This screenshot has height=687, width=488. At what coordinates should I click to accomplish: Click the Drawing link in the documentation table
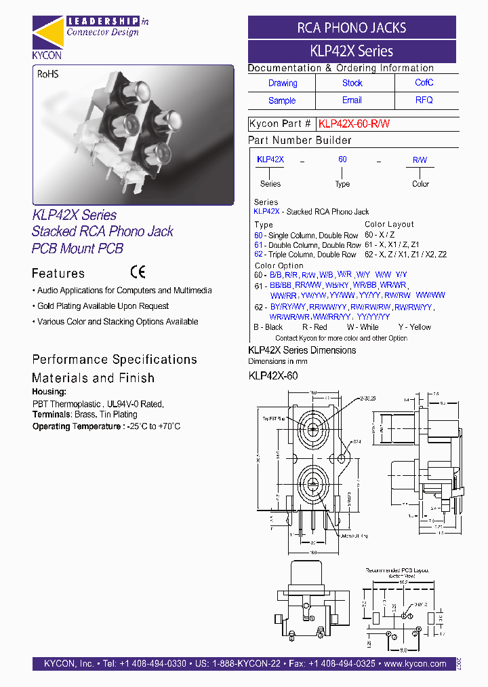(x=283, y=83)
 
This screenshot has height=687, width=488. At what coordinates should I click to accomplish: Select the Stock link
(x=352, y=83)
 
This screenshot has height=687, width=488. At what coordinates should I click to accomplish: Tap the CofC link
(x=424, y=83)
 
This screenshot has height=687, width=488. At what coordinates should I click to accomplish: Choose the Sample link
(x=282, y=100)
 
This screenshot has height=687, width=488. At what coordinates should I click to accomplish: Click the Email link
(x=352, y=100)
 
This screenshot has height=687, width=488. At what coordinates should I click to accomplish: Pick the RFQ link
(x=424, y=100)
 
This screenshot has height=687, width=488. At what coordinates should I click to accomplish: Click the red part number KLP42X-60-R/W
(x=354, y=124)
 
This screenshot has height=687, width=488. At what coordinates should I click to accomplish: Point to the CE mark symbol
(x=138, y=273)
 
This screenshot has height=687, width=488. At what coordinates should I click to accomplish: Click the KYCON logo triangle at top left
(x=47, y=34)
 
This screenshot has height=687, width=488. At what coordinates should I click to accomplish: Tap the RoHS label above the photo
(x=47, y=74)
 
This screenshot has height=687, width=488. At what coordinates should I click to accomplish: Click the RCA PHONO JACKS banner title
(x=352, y=28)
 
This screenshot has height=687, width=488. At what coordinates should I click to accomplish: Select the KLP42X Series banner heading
(x=351, y=51)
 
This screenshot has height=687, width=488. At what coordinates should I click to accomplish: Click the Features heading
(x=58, y=274)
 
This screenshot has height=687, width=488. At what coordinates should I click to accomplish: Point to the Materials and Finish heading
(x=93, y=378)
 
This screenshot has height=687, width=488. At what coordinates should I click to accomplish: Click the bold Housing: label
(x=49, y=392)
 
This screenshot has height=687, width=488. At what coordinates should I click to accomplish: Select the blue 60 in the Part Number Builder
(x=342, y=160)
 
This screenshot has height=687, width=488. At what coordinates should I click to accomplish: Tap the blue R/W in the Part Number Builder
(x=420, y=160)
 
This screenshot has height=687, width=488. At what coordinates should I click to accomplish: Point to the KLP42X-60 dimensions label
(x=273, y=375)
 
